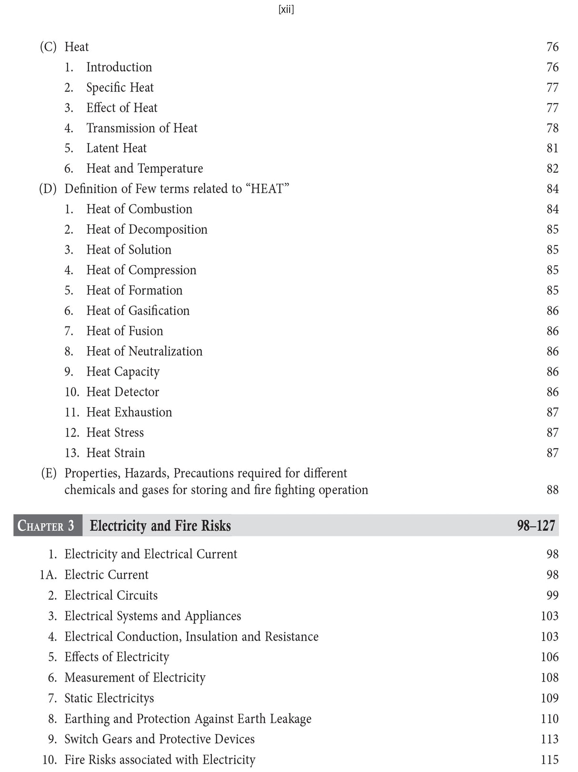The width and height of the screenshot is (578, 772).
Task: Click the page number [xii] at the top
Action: pyautogui.click(x=286, y=10)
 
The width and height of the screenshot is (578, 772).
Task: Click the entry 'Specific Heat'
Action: pyautogui.click(x=120, y=88)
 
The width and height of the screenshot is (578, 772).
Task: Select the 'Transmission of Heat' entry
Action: pyautogui.click(x=141, y=128)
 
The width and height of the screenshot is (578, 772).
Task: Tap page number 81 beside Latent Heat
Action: pyautogui.click(x=552, y=148)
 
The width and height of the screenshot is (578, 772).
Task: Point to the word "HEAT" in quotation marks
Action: pyautogui.click(x=268, y=189)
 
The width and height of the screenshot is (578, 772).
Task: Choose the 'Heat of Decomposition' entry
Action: pyautogui.click(x=147, y=229)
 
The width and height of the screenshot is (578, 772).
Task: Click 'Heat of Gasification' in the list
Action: pyautogui.click(x=138, y=311)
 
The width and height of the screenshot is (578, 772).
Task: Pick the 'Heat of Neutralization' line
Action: pyautogui.click(x=144, y=351)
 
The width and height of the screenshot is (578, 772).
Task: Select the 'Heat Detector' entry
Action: pyautogui.click(x=122, y=392)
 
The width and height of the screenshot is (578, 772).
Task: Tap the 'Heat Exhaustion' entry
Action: pyautogui.click(x=129, y=412)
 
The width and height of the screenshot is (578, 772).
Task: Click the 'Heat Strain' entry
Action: pyautogui.click(x=115, y=453)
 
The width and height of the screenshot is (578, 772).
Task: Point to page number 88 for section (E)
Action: pyautogui.click(x=552, y=490)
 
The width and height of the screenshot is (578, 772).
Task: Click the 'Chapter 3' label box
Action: pyautogui.click(x=47, y=526)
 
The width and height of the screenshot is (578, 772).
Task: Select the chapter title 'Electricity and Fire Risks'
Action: pyautogui.click(x=160, y=526)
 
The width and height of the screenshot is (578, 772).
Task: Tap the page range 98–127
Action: pyautogui.click(x=536, y=526)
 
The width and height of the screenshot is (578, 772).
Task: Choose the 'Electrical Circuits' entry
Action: pyautogui.click(x=111, y=595)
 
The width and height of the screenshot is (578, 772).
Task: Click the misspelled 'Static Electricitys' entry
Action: pyautogui.click(x=109, y=698)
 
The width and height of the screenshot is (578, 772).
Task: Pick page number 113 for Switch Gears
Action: pyautogui.click(x=549, y=739)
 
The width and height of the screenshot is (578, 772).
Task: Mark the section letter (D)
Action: pyautogui.click(x=48, y=189)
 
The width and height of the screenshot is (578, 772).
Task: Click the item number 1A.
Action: pyautogui.click(x=48, y=575)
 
